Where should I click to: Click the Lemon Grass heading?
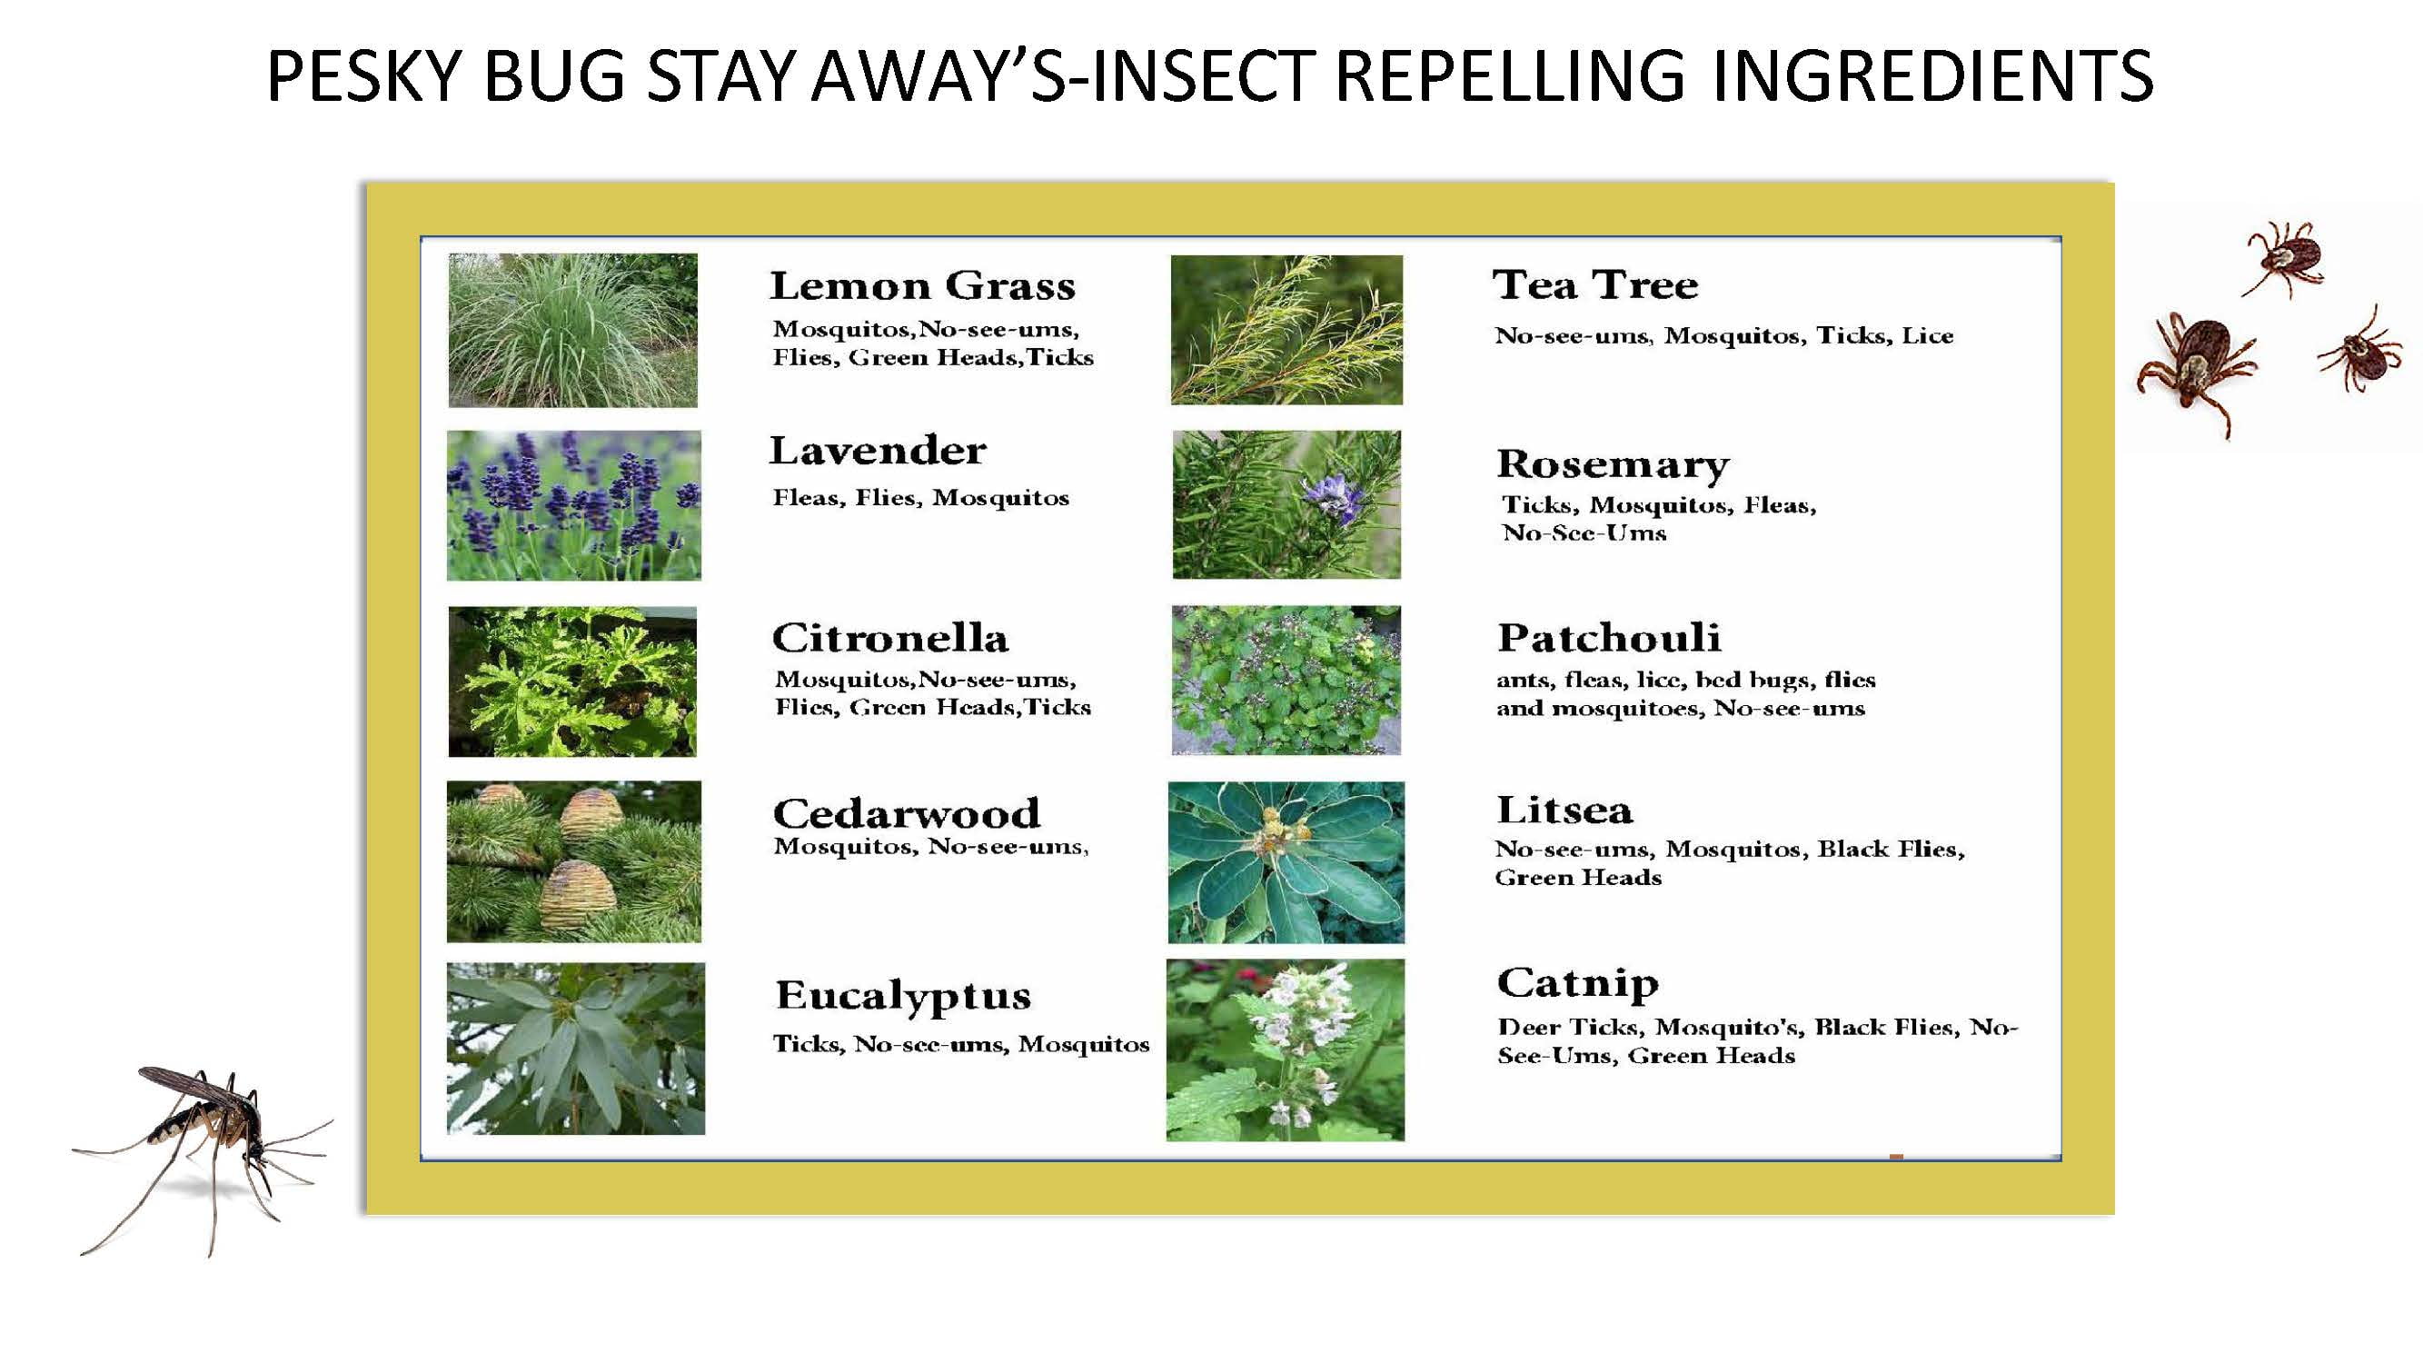(x=922, y=286)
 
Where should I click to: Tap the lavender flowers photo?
(x=574, y=505)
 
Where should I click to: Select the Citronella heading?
(x=889, y=638)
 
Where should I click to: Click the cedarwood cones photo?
(x=574, y=861)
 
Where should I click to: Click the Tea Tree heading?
(x=1596, y=285)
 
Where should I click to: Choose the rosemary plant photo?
(x=1286, y=504)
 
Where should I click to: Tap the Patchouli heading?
(x=1609, y=638)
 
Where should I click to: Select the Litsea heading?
(x=1564, y=810)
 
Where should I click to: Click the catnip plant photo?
(x=1285, y=1050)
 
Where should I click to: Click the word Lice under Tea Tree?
(x=1927, y=336)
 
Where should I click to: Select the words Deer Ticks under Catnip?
(x=1570, y=1027)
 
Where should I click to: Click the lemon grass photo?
(x=573, y=330)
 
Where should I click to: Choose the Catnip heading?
(x=1577, y=984)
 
